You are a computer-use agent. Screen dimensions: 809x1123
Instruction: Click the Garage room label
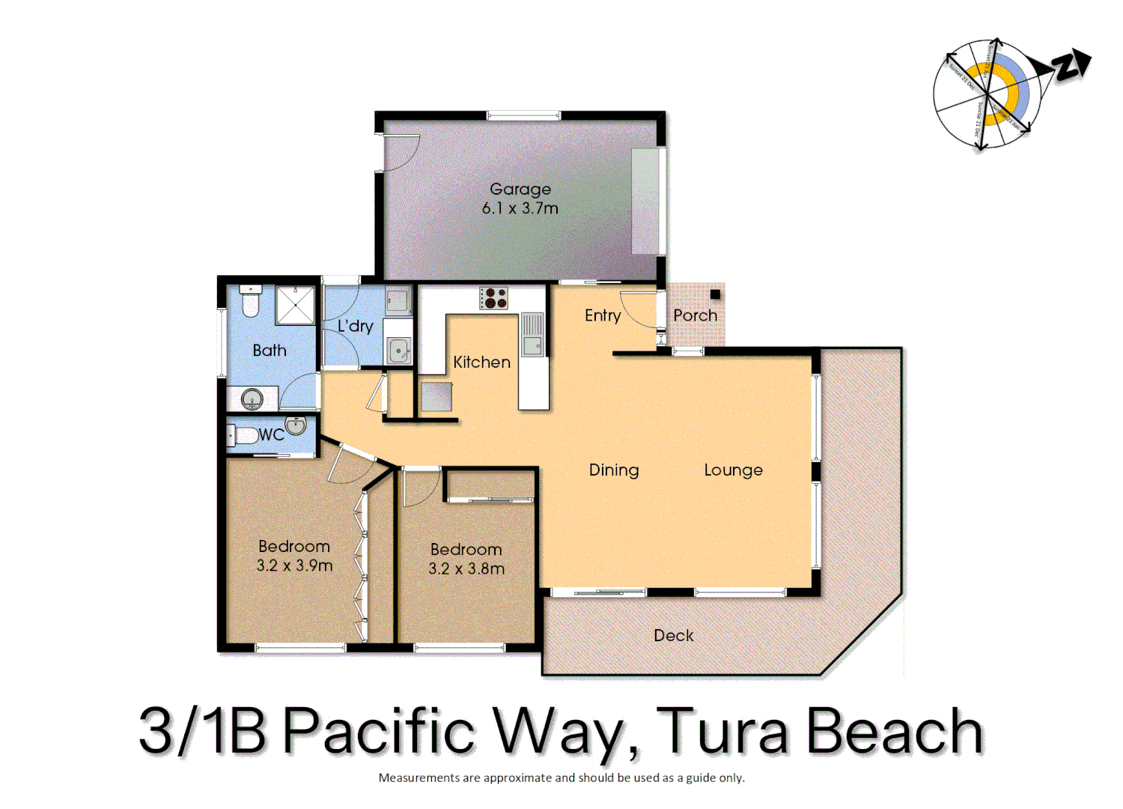(x=520, y=190)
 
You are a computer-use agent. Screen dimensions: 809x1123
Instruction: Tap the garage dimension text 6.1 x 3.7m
(x=520, y=208)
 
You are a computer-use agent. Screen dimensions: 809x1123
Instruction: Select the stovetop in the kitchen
(x=493, y=298)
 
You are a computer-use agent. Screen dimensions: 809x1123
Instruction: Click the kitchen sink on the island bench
(x=532, y=345)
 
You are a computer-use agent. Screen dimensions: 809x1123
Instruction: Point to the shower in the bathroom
(x=295, y=305)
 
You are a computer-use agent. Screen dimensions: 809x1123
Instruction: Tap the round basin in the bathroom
(x=252, y=399)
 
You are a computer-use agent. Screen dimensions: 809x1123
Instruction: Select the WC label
(x=271, y=435)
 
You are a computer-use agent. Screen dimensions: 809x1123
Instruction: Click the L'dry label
(x=355, y=326)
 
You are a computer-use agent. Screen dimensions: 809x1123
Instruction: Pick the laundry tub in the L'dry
(x=398, y=350)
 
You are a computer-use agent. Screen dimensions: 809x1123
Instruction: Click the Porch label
(x=695, y=315)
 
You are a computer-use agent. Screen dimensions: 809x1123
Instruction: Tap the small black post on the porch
(x=715, y=294)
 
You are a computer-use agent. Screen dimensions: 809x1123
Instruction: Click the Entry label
(x=603, y=315)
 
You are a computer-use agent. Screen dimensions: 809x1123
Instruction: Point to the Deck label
(x=673, y=635)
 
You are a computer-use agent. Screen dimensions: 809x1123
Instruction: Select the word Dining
(x=614, y=470)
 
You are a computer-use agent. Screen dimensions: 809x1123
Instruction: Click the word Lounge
(x=733, y=470)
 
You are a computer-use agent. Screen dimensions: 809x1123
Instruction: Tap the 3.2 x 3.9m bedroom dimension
(x=294, y=566)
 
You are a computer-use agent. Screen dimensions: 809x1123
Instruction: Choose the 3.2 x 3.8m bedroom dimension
(x=466, y=569)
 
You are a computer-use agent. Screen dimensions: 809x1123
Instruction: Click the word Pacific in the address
(x=380, y=730)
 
